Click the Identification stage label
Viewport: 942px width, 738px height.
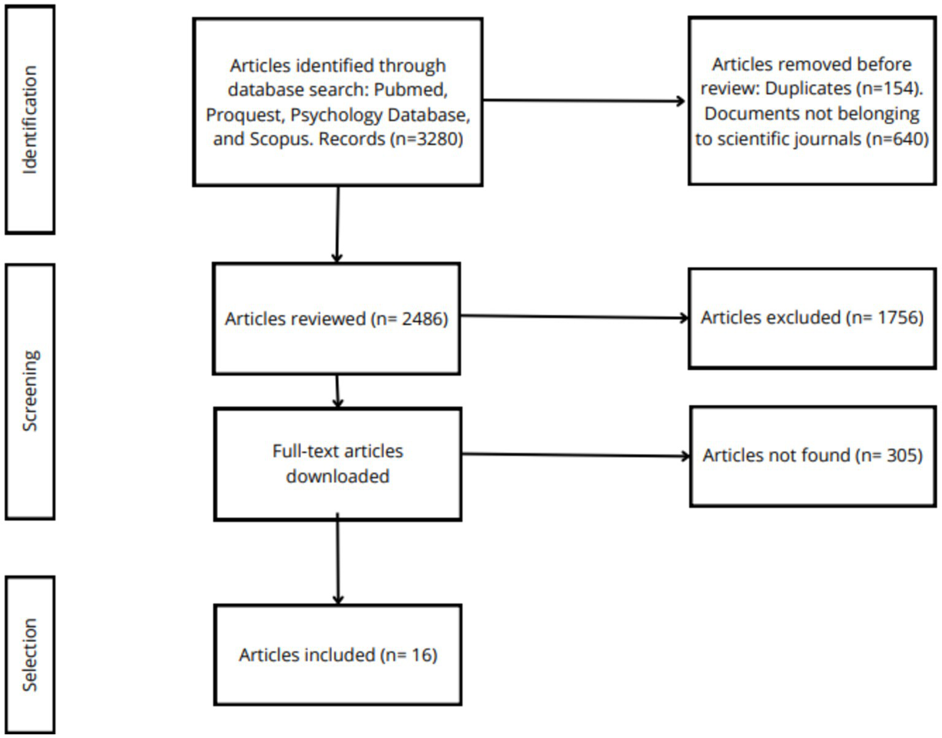click(x=29, y=120)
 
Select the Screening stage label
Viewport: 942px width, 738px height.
click(x=29, y=391)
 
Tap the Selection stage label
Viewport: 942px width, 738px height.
click(x=29, y=655)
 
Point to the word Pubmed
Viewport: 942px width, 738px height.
click(x=411, y=89)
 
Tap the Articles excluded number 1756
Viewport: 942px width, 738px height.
click(x=900, y=317)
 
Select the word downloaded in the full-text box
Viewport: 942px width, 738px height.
click(x=338, y=476)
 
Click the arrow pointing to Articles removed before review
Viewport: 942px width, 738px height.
click(x=583, y=101)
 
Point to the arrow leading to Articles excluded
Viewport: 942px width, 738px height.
click(x=574, y=317)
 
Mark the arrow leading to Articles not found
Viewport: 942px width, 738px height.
click(x=575, y=455)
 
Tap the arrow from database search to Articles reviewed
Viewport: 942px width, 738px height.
click(x=337, y=224)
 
